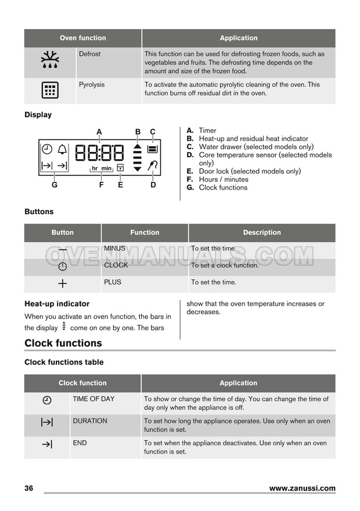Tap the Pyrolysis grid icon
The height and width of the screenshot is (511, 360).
tap(49, 90)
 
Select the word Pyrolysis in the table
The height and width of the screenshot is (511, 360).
tap(92, 85)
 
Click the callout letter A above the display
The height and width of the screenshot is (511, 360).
tap(99, 132)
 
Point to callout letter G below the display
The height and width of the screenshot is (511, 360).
tap(55, 185)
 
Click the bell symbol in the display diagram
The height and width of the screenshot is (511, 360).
tap(62, 149)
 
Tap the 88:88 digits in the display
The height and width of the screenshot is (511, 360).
tap(99, 153)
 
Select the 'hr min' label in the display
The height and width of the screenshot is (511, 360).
tap(102, 168)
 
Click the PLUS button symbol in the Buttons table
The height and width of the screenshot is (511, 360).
tap(63, 283)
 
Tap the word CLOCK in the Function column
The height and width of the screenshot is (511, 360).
tap(116, 265)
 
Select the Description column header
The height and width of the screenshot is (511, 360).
tap(262, 232)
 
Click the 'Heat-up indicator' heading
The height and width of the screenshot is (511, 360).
tap(57, 304)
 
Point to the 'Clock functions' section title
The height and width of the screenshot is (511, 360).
tap(63, 343)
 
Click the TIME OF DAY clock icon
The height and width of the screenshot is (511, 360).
tap(47, 400)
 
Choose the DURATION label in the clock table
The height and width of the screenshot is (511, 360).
tap(90, 421)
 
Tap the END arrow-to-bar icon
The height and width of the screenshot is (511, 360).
tap(47, 444)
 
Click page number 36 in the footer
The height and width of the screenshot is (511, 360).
tap(29, 488)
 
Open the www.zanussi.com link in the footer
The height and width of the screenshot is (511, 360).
tap(302, 488)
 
